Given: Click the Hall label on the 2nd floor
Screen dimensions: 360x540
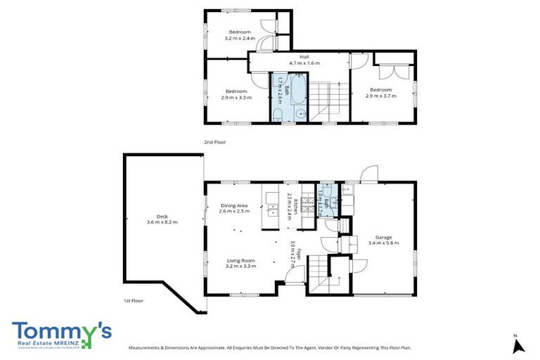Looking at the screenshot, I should click(304, 56).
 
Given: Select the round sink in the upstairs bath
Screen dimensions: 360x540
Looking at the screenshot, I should click(300, 113).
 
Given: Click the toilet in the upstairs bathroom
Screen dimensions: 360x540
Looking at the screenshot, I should click(278, 115).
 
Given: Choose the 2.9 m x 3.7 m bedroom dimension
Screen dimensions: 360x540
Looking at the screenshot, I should click(380, 96).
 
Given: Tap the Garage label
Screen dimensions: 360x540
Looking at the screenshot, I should click(383, 237).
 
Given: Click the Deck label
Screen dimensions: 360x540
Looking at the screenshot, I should click(162, 217).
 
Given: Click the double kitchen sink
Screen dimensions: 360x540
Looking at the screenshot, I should click(274, 209).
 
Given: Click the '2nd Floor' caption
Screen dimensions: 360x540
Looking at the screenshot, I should click(214, 142).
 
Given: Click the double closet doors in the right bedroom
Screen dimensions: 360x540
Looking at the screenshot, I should click(391, 72).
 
